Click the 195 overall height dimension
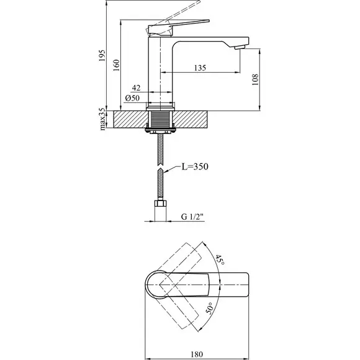[x=102, y=55]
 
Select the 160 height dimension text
[x=117, y=65]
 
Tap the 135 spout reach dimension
[x=200, y=68]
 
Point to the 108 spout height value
[x=255, y=79]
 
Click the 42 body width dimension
[x=136, y=88]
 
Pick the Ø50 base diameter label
[x=132, y=98]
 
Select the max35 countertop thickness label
[x=102, y=119]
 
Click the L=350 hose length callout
[x=195, y=166]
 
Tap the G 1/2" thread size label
[x=192, y=217]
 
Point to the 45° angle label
[x=220, y=259]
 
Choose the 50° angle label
[x=209, y=308]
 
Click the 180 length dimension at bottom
[x=197, y=354]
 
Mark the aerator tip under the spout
[x=240, y=47]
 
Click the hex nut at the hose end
[x=161, y=203]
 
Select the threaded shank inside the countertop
[x=160, y=119]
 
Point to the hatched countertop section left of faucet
[x=130, y=119]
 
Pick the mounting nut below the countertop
[x=160, y=131]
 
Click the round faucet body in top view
[x=157, y=285]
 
